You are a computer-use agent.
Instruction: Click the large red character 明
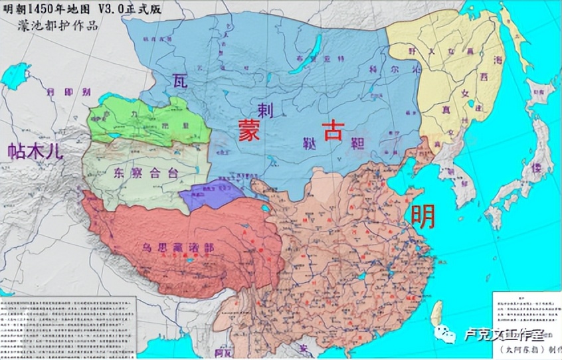coord(423,217)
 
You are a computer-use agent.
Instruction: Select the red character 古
coord(333,130)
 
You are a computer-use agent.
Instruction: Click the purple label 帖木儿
coord(34,151)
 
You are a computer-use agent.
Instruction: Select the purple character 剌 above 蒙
coord(266,110)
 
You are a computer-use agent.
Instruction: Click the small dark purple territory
coord(210,192)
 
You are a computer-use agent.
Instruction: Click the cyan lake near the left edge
coord(13,76)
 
